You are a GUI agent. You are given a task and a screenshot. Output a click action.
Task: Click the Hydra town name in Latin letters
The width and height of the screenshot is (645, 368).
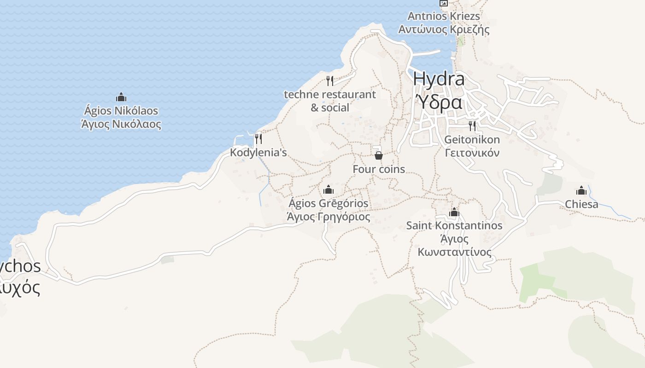point(439,79)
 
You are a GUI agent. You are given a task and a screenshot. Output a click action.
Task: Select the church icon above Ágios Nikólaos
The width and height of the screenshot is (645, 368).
point(121,97)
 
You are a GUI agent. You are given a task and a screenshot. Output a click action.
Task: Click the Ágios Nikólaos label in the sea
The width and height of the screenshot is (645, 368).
point(121,111)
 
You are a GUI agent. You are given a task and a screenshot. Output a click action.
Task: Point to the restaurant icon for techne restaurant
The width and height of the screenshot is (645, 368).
point(330,81)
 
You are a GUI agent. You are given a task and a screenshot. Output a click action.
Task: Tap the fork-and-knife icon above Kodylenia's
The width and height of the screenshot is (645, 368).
point(258,138)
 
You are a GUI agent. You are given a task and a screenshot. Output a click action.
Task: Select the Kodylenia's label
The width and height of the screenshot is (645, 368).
point(258,152)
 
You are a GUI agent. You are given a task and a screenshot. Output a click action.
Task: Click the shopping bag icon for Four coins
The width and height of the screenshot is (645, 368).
point(379,155)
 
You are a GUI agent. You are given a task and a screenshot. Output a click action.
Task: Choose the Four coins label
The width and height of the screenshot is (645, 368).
point(379,169)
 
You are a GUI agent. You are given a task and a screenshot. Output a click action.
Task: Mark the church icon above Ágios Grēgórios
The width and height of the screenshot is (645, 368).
point(328,190)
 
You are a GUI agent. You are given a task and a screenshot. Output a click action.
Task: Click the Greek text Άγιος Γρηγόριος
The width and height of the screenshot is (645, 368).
point(328,217)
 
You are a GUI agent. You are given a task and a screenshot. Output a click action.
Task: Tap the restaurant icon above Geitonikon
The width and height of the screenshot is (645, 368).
point(472,126)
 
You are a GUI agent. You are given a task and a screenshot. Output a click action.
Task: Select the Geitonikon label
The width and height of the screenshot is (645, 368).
point(472,139)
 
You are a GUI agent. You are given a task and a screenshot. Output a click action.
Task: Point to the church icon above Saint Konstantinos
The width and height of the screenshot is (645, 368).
point(454,212)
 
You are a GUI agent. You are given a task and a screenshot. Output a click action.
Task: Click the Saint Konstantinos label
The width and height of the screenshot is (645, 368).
point(454,226)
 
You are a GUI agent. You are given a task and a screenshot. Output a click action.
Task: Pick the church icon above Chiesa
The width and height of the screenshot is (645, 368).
point(581,190)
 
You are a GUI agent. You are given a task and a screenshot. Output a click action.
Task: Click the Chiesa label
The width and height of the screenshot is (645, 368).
point(581,204)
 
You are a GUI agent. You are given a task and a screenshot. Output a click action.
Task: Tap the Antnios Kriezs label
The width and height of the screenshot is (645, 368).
point(444,16)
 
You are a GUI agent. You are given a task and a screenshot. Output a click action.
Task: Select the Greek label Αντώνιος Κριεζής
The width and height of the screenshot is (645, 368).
point(444,30)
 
